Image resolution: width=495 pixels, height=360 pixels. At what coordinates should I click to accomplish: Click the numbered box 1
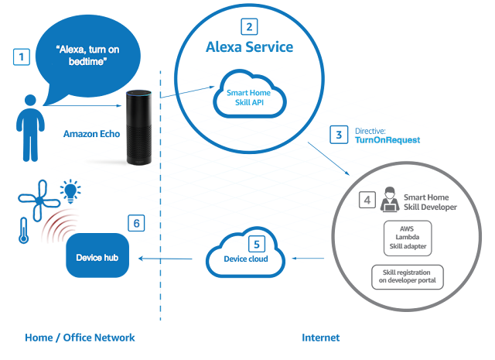[x=22, y=57]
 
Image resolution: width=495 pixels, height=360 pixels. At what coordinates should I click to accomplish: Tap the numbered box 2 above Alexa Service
[x=249, y=27]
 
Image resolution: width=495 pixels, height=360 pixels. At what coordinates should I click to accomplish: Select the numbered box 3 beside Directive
[x=339, y=135]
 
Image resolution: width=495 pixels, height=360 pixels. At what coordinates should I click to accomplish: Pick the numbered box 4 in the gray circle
[x=367, y=200]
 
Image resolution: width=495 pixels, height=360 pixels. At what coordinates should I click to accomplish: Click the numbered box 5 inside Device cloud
[x=257, y=244]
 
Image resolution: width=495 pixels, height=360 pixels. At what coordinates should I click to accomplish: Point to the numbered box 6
[x=136, y=223]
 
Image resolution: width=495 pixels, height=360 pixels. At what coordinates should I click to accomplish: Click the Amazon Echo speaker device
[x=139, y=128]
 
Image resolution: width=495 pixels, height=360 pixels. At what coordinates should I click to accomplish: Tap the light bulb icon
[x=70, y=191]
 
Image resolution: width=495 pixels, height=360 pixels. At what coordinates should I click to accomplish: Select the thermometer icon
[x=24, y=231]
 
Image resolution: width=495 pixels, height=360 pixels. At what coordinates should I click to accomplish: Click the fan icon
[x=39, y=201]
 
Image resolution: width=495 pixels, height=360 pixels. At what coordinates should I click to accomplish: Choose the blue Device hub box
[x=97, y=255]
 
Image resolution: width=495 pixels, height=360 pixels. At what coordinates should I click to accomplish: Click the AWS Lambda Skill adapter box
[x=408, y=238]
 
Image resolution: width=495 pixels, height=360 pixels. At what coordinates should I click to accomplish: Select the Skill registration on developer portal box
[x=408, y=277]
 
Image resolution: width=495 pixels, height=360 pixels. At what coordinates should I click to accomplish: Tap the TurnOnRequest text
[x=387, y=140]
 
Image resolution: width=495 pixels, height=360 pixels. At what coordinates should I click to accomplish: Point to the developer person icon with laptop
[x=390, y=199]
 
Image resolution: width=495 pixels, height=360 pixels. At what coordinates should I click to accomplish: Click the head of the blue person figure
[x=30, y=100]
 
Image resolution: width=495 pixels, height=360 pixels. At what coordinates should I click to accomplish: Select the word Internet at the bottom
[x=321, y=338]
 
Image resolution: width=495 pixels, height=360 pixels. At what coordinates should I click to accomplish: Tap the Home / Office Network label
[x=80, y=338]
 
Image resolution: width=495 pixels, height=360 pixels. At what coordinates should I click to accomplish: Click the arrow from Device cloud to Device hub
[x=166, y=259]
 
